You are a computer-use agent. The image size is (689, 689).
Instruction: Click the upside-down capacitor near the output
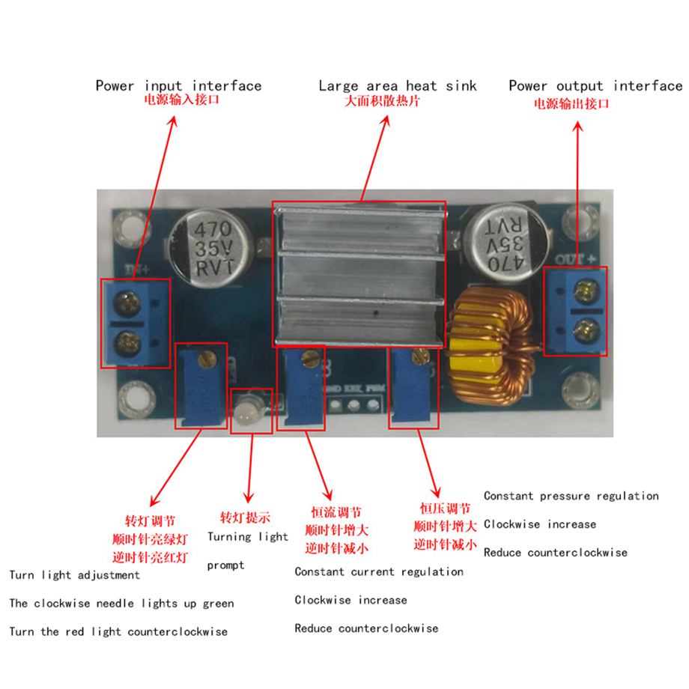[x=506, y=241]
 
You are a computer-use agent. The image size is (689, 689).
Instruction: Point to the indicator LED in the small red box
[x=249, y=410]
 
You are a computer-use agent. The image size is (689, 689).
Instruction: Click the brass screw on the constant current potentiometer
[x=311, y=359]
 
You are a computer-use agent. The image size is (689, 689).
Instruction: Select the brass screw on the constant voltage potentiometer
[x=421, y=357]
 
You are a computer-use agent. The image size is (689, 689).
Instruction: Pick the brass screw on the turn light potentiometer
[x=207, y=359]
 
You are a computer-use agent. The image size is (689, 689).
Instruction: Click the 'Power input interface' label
[x=178, y=85]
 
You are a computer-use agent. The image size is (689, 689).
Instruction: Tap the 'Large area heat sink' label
[x=398, y=85]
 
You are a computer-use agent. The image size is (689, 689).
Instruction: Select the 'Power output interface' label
[x=596, y=85]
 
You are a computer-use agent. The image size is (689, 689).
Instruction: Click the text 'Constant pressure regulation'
[x=571, y=496]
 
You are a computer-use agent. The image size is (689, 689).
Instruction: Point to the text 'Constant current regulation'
[x=379, y=571]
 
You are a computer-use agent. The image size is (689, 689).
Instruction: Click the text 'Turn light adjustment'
[x=75, y=575]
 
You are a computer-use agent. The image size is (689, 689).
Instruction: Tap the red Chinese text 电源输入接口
[x=181, y=100]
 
